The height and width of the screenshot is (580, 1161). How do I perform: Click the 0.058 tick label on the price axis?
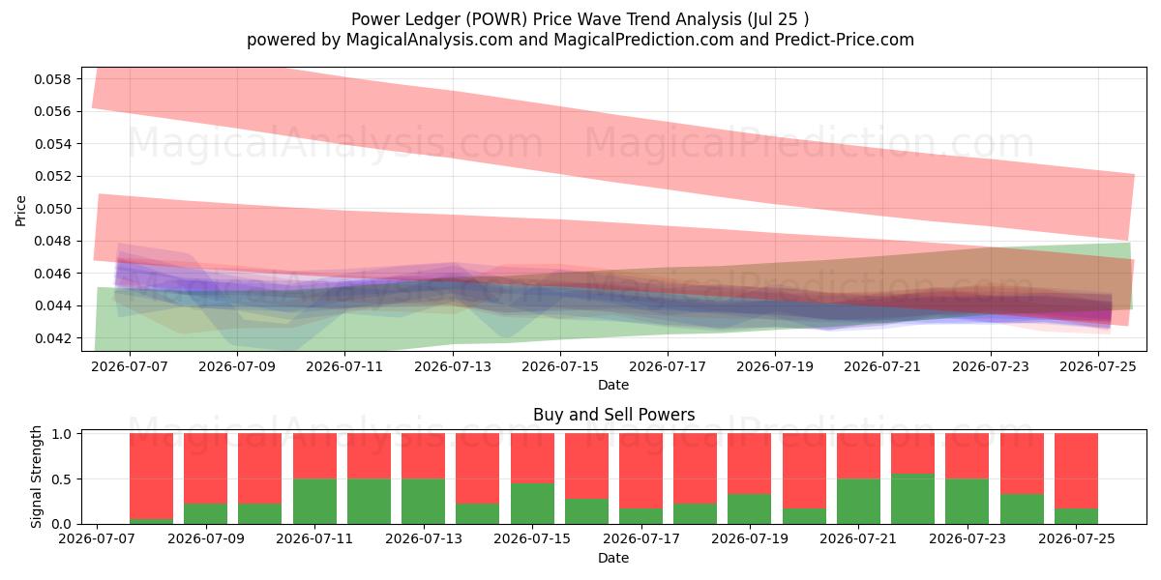click(52, 79)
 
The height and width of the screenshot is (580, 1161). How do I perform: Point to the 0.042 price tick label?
click(52, 338)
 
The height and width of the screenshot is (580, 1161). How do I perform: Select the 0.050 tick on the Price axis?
click(52, 209)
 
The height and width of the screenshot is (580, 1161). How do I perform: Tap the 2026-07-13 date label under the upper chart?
click(453, 366)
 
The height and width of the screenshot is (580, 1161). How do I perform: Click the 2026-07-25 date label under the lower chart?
click(1077, 538)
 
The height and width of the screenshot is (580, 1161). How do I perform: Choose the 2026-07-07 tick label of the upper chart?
click(130, 366)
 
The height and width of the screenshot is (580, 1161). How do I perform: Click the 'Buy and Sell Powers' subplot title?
click(613, 415)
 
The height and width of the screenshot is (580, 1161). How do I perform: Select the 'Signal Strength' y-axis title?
click(36, 477)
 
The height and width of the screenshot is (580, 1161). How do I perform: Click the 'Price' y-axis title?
click(20, 211)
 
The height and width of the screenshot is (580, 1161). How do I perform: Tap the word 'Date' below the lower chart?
click(613, 558)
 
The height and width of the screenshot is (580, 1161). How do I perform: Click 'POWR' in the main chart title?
click(497, 19)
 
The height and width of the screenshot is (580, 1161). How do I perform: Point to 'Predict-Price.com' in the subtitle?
click(845, 40)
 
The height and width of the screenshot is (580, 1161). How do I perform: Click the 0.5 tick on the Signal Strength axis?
click(62, 479)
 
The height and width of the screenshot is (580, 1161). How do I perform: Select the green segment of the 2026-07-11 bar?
click(314, 502)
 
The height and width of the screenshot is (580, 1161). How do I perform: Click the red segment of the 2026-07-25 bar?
click(1076, 471)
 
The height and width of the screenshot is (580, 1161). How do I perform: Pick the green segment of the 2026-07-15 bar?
click(532, 504)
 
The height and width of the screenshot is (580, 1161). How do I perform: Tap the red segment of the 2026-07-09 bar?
click(205, 468)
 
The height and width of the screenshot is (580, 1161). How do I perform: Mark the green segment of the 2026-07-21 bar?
click(858, 502)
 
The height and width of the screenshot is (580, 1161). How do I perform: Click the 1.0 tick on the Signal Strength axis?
click(62, 434)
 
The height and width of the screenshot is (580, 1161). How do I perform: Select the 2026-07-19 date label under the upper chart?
click(775, 366)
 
